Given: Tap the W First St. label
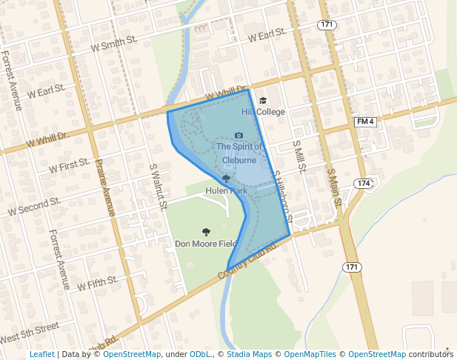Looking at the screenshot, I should tap(70, 164).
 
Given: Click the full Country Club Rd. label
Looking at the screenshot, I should tap(247, 263).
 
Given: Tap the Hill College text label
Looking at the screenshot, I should tap(263, 112).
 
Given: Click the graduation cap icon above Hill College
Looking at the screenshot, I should tap(263, 101).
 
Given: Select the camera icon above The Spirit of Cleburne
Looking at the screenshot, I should tap(238, 136).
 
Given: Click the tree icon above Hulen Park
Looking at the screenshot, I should tap(226, 179).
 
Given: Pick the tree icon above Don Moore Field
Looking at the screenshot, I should tap(206, 232).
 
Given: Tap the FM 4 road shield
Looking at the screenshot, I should tap(366, 121).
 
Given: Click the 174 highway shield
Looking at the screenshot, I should tap(363, 183).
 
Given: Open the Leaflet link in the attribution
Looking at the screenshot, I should tap(41, 355).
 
